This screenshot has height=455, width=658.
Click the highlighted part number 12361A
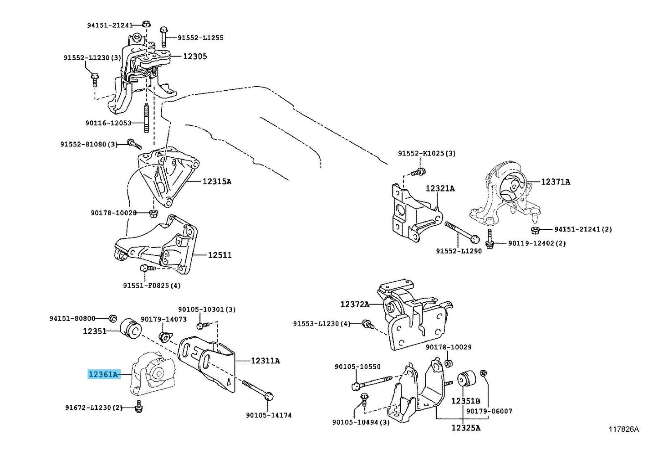point(104,374)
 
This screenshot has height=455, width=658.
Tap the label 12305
point(195,57)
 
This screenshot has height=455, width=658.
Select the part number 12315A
point(217,181)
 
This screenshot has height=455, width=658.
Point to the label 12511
point(220,255)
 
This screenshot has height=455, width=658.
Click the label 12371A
point(556,182)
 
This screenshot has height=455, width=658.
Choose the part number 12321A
point(440,188)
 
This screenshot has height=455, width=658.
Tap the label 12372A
point(355,304)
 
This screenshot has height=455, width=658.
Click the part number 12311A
point(265,361)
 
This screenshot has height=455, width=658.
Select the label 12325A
point(466,428)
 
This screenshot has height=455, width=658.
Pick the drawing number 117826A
point(624,429)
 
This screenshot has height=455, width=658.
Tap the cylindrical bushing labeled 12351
point(131,329)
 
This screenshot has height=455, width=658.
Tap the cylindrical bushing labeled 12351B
point(466,379)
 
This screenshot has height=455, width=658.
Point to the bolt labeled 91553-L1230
point(368,324)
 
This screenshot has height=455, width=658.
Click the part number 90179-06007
point(489,411)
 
